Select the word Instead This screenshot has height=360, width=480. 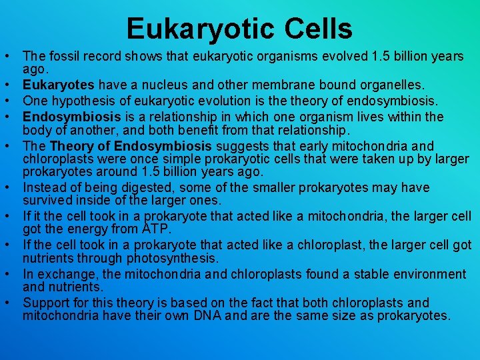(44, 188)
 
